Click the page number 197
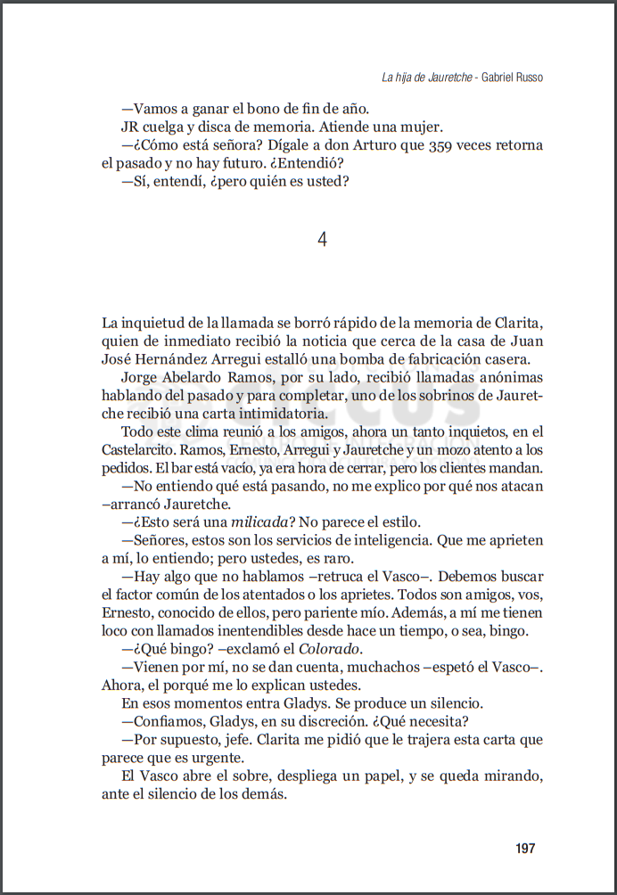525,848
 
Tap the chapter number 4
323,239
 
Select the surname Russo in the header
527,78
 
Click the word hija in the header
406,78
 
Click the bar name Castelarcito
143,450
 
